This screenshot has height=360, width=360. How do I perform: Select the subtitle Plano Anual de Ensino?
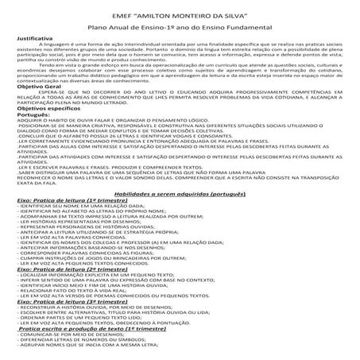180,26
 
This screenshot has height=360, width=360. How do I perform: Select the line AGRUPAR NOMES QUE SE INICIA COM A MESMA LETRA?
87,358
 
